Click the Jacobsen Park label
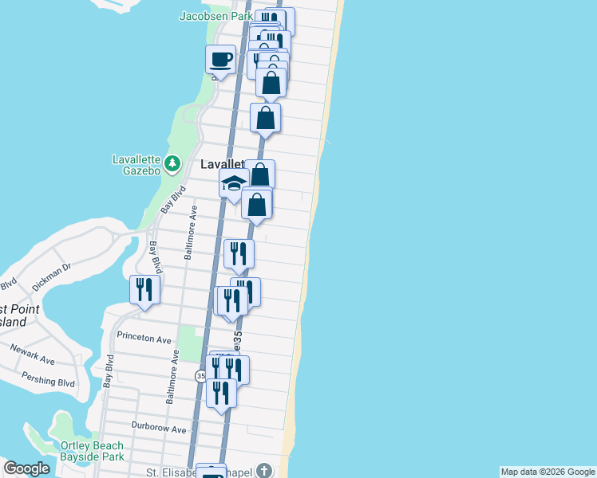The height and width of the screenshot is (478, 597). pos(215,15)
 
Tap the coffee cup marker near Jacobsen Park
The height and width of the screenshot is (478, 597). pos(221,58)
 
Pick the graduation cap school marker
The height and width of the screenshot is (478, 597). pos(233,185)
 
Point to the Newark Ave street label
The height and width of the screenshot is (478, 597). pos(33,355)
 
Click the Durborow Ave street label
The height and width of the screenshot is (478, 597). pos(159,429)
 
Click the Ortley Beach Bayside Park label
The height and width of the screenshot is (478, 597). pos(92,451)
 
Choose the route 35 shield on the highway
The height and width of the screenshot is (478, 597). pos(200,374)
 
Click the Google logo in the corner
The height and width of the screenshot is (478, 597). pos(26,468)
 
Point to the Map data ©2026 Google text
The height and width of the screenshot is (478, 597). pos(548,472)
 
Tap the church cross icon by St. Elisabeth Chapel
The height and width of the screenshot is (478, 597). pos(265,470)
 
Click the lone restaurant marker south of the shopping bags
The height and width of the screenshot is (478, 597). pos(239,254)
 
